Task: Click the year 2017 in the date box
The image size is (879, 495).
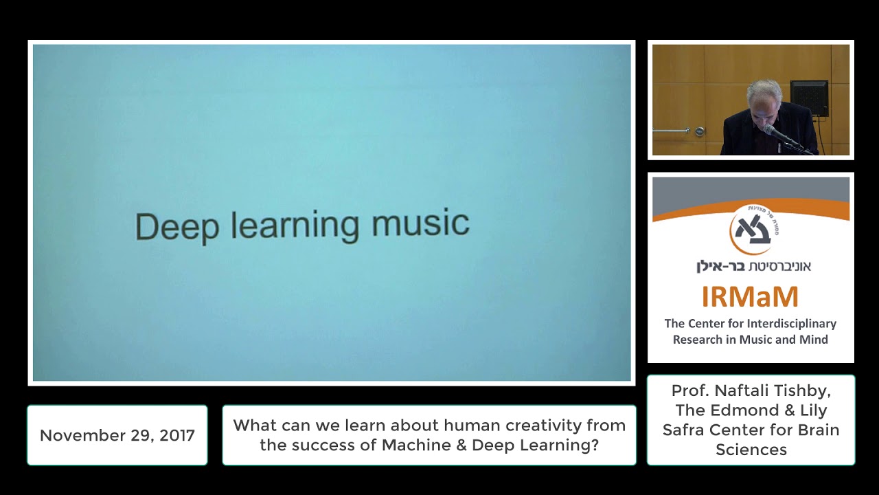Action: [178, 435]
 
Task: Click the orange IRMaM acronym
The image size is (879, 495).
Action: [750, 297]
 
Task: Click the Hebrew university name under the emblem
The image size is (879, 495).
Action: [753, 266]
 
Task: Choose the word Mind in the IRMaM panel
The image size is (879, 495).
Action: [813, 340]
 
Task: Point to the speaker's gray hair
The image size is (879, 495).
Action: [764, 91]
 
